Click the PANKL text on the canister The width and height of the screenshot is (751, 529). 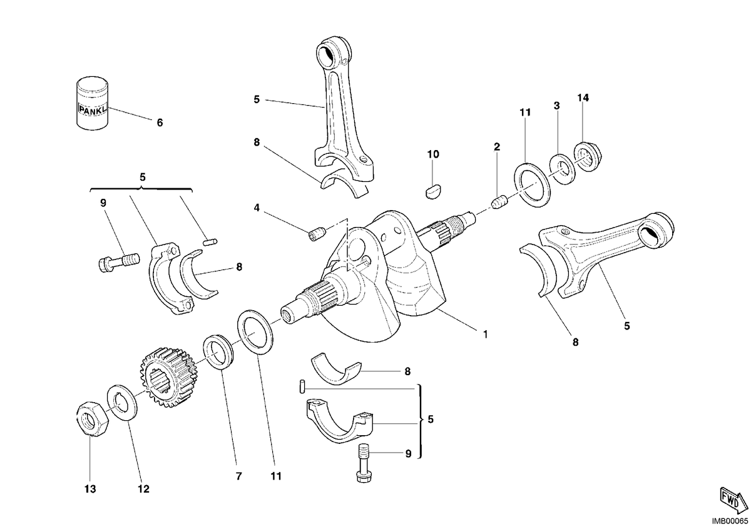click(93, 109)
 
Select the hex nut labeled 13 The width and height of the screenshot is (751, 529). click(92, 418)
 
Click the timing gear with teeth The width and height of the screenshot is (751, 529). click(168, 378)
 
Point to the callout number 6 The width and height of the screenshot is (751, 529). click(160, 123)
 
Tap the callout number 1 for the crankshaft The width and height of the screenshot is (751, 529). click(485, 334)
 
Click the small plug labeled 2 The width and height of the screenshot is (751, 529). click(500, 203)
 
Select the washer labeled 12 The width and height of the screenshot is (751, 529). click(121, 402)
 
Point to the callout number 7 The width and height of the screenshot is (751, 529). click(238, 476)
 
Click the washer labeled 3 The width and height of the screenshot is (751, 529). click(562, 169)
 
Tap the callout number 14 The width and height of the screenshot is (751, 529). click(583, 98)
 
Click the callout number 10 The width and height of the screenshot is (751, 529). click(433, 154)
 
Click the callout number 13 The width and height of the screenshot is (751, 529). click(90, 489)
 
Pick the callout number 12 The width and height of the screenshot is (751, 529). click(143, 489)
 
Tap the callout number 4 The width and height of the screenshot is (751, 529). click(257, 208)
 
